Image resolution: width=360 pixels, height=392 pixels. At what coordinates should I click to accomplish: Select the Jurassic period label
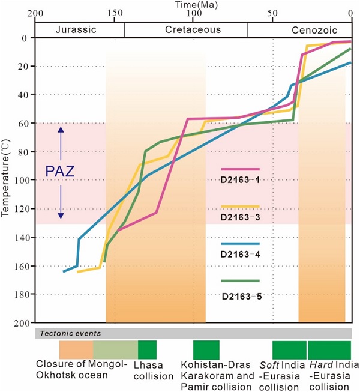[80, 29]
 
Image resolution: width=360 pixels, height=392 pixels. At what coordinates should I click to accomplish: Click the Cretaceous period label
[185, 29]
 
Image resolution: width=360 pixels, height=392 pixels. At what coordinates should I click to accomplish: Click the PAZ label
[60, 172]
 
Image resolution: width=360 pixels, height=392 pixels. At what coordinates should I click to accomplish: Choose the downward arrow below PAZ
[60, 204]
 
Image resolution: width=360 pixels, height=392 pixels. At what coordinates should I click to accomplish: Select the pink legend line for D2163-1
[240, 169]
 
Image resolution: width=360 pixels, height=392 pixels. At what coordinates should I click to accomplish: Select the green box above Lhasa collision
[147, 350]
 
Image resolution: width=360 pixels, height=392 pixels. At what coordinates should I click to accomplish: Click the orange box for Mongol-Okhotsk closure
[76, 350]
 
